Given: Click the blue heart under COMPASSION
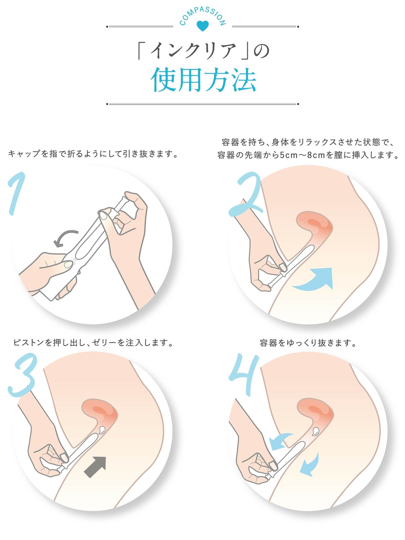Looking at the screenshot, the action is click(202, 26).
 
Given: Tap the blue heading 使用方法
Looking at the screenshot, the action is click(203, 80).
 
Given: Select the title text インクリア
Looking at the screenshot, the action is click(193, 50).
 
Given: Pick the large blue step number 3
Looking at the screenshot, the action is click(23, 375).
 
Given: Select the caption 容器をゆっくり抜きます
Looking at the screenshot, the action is click(308, 343).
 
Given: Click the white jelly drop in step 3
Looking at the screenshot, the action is click(102, 430).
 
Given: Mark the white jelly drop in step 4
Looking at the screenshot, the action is click(316, 431).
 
